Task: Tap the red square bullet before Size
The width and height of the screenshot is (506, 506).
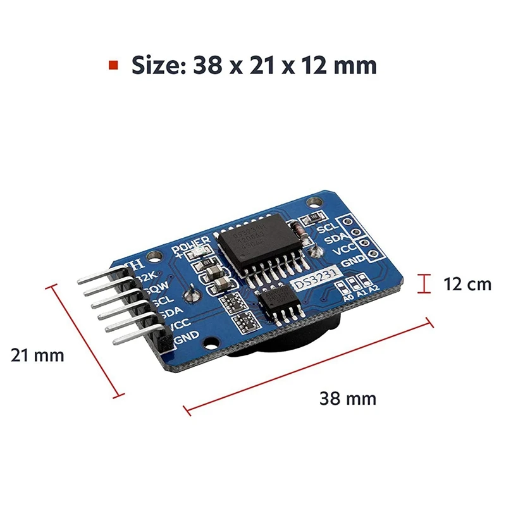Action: pyautogui.click(x=113, y=65)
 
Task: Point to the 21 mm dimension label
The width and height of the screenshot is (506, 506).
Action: pyautogui.click(x=37, y=355)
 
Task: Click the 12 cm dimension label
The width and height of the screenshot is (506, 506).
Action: pyautogui.click(x=467, y=284)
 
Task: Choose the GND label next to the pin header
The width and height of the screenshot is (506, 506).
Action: pyautogui.click(x=188, y=335)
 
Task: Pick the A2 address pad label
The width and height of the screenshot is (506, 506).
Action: pyautogui.click(x=374, y=288)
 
